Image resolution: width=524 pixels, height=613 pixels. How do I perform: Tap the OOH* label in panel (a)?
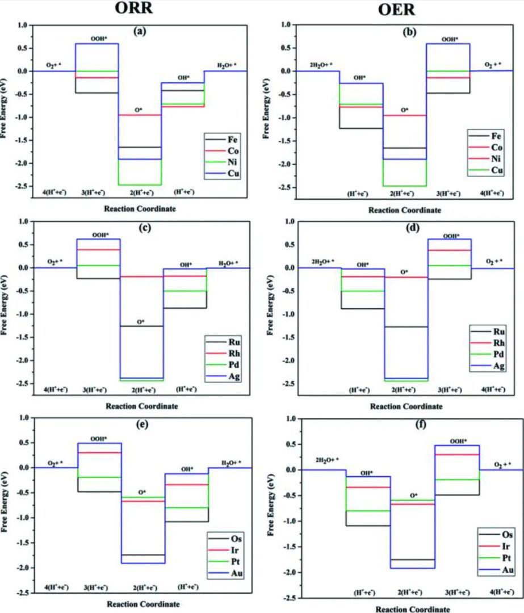click(97, 39)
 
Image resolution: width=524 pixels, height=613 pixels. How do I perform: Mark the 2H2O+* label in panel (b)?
click(320, 65)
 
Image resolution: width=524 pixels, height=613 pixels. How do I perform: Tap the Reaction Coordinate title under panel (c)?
click(141, 406)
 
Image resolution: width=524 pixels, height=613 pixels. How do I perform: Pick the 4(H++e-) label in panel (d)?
click(492, 390)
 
